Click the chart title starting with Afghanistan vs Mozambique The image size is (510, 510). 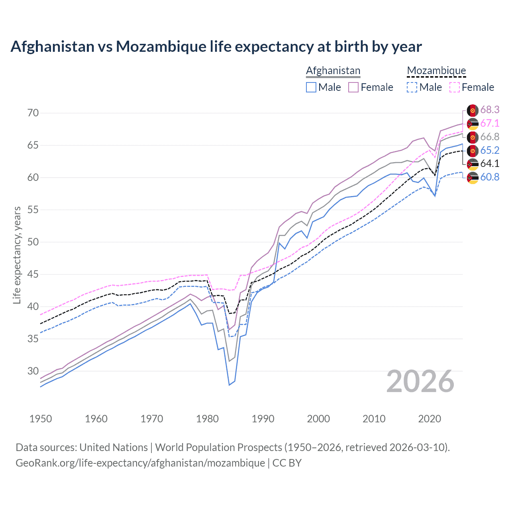[x=216, y=47]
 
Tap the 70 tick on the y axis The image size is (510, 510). [x=33, y=113]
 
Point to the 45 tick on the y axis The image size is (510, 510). [x=33, y=275]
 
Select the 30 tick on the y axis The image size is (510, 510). [x=33, y=371]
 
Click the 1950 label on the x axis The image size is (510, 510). [x=41, y=419]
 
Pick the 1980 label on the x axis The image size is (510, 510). [x=207, y=419]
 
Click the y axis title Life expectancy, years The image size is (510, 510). [x=17, y=255]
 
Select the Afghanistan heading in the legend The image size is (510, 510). [x=333, y=71]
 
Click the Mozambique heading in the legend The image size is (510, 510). [x=436, y=71]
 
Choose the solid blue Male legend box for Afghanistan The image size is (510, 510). [x=311, y=87]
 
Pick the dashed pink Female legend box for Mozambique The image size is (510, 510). [x=455, y=87]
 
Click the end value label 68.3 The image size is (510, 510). [x=490, y=110]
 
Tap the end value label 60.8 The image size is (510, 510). [x=490, y=177]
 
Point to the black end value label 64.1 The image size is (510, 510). [x=490, y=163]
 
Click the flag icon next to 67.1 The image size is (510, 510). [x=473, y=124]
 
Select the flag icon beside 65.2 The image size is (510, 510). [x=473, y=151]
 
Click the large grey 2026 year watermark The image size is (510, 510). [x=420, y=381]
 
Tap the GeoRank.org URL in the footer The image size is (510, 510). [x=140, y=463]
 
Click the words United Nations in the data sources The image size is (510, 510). [x=114, y=447]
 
